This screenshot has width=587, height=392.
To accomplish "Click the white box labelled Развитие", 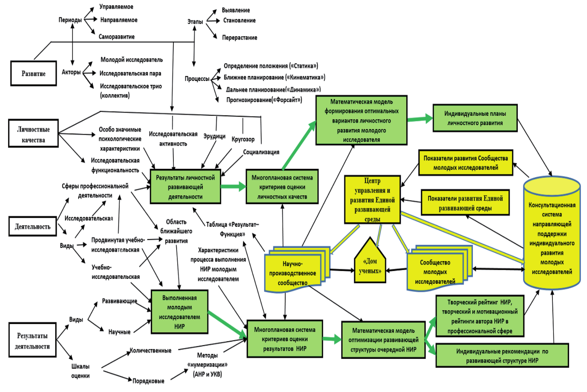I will coord(34,73).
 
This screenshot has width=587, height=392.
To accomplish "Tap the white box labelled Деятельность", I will coord(32,226).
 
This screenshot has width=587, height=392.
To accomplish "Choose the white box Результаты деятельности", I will coord(32,340).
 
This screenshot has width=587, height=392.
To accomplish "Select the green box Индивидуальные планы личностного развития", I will coord(475,118).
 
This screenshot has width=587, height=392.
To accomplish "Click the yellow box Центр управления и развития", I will coord(372,200).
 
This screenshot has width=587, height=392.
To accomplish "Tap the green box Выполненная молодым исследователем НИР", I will coord(179,312).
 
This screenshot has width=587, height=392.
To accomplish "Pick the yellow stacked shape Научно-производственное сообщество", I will coord(293,272).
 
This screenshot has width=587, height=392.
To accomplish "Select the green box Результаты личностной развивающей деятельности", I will coord(185,187).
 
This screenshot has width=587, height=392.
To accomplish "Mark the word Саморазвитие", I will coord(117,37).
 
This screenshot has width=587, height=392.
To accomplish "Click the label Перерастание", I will coord(239,38).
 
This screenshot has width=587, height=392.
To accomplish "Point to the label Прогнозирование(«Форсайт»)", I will coord(264,100).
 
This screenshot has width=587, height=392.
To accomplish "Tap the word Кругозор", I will coord(243,139).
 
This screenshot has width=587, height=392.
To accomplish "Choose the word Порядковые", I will coord(148,381).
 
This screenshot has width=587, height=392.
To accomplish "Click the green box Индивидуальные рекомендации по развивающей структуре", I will coord(502,355).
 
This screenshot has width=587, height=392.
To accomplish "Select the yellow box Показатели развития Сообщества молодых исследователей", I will coord(466,163).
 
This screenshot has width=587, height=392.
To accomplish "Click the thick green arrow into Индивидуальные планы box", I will coord(420,119).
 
